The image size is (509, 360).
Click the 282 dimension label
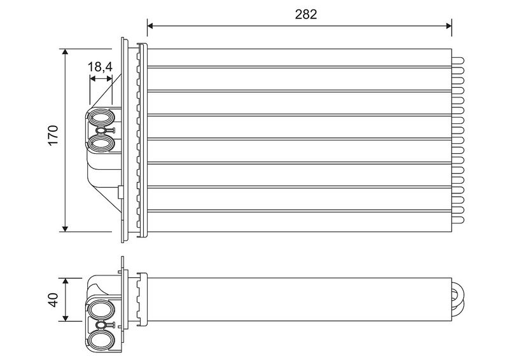[306, 14]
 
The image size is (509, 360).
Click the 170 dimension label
[53, 135]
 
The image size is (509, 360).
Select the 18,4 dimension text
[100, 67]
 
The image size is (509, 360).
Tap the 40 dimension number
[53, 300]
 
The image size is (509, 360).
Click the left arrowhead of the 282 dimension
[150, 25]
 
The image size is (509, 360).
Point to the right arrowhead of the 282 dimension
[449, 25]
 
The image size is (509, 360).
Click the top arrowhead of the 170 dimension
[66, 52]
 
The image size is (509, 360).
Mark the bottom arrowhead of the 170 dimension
[66, 229]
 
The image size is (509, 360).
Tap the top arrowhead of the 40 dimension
[66, 280]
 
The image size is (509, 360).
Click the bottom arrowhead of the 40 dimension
[66, 318]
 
